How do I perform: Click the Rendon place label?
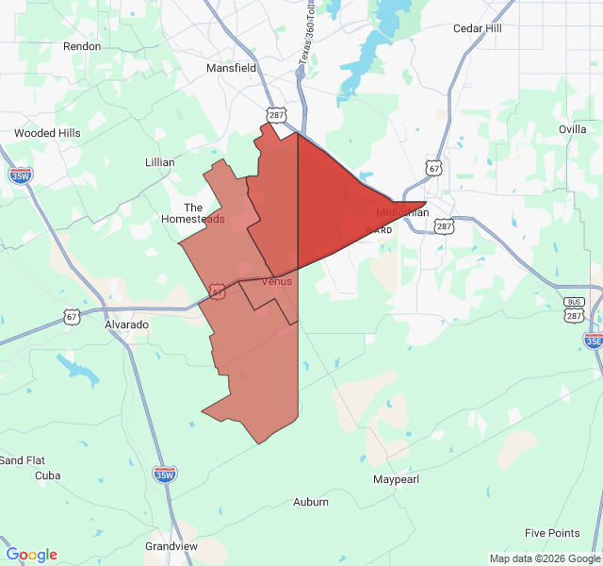(81, 45)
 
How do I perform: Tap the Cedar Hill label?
(478, 28)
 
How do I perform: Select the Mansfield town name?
(232, 68)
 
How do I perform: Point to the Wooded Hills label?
(47, 133)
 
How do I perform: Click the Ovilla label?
(572, 129)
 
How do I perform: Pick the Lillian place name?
(160, 162)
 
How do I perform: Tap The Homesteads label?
(193, 213)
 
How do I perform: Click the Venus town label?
(277, 281)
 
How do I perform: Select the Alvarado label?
(126, 324)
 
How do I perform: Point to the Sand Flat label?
(22, 460)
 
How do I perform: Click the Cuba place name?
(47, 475)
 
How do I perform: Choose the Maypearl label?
(395, 479)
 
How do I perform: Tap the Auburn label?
(311, 502)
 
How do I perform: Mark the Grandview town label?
(171, 546)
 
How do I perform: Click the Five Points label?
(552, 533)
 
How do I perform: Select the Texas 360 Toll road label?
(304, 38)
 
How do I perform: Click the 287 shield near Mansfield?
(275, 115)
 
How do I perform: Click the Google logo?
(31, 555)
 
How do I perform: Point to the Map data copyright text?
(545, 558)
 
